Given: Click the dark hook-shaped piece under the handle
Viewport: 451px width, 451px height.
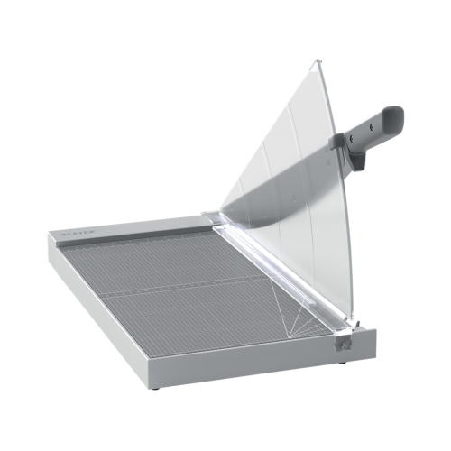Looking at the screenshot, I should click(357, 160).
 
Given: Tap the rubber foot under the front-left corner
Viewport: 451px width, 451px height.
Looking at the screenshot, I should click(155, 387).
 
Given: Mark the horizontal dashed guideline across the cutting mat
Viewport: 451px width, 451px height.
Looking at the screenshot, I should click(180, 292).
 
